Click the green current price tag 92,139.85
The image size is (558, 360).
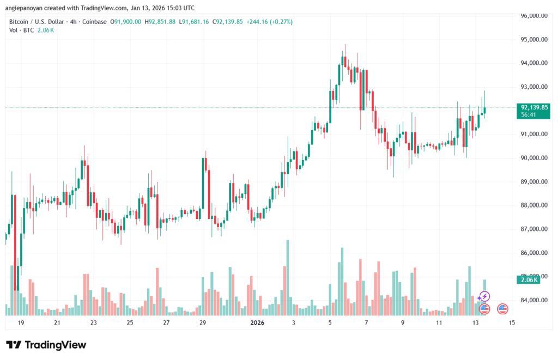(x=533, y=107)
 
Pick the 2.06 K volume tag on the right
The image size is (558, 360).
(x=528, y=279)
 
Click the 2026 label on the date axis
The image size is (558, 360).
(x=257, y=323)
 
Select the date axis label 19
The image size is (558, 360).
(x=21, y=323)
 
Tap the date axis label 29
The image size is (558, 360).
(x=203, y=323)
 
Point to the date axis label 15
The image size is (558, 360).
(x=512, y=323)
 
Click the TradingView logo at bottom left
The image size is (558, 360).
(x=46, y=345)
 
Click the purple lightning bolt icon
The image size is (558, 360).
(x=484, y=297)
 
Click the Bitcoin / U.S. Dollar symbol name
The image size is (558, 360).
(x=36, y=21)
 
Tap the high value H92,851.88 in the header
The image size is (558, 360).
(x=159, y=21)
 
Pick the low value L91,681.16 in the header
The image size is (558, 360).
(x=196, y=21)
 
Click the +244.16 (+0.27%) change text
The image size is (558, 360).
(x=269, y=21)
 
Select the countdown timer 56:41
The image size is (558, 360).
(x=528, y=115)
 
